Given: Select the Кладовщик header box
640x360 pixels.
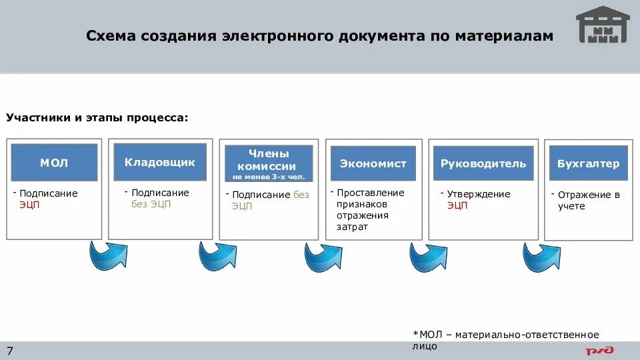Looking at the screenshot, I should (x=160, y=162).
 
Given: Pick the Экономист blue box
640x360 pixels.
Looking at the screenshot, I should (x=373, y=164).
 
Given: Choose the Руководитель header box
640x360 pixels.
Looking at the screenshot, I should (x=483, y=164).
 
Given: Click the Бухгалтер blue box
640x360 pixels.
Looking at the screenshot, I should (x=589, y=164).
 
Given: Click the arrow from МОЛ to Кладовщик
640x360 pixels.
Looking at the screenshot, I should (x=107, y=255).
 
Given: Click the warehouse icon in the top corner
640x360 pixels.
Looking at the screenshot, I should (x=603, y=25).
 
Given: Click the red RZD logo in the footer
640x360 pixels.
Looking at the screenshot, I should (x=600, y=351).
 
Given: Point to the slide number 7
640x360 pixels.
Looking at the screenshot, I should (x=10, y=351).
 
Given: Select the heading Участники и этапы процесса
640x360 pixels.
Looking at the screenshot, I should (x=97, y=118).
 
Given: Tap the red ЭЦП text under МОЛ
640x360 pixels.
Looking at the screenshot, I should (x=29, y=205).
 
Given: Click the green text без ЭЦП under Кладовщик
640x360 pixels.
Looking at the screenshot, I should (x=151, y=204).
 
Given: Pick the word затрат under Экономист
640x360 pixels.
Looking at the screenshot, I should (x=352, y=227).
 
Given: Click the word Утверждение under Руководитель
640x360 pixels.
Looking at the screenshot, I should (x=479, y=194).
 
